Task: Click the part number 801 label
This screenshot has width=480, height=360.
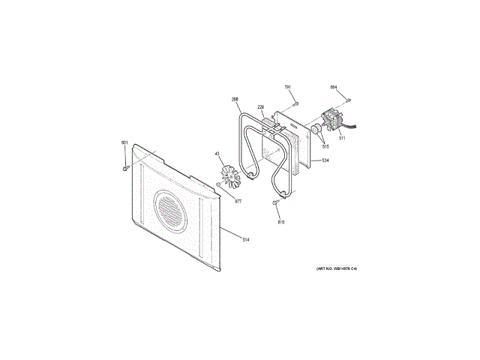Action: [x=124, y=142]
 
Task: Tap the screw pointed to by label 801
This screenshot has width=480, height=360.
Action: [x=125, y=168]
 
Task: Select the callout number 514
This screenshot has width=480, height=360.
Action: [x=244, y=238]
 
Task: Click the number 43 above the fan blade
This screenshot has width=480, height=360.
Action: [x=217, y=154]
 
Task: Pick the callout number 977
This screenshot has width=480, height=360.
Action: [x=238, y=201]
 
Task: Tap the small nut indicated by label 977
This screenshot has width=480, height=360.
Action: [x=218, y=184]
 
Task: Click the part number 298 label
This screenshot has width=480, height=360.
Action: [x=235, y=100]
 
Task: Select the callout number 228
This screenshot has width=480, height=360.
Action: [x=260, y=107]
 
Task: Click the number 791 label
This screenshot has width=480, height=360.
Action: [x=287, y=88]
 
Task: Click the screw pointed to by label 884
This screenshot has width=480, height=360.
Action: [x=349, y=100]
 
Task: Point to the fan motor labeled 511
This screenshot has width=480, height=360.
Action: [x=328, y=122]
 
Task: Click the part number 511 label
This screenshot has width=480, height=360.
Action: [x=342, y=138]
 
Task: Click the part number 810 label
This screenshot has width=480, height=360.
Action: [x=281, y=223]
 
